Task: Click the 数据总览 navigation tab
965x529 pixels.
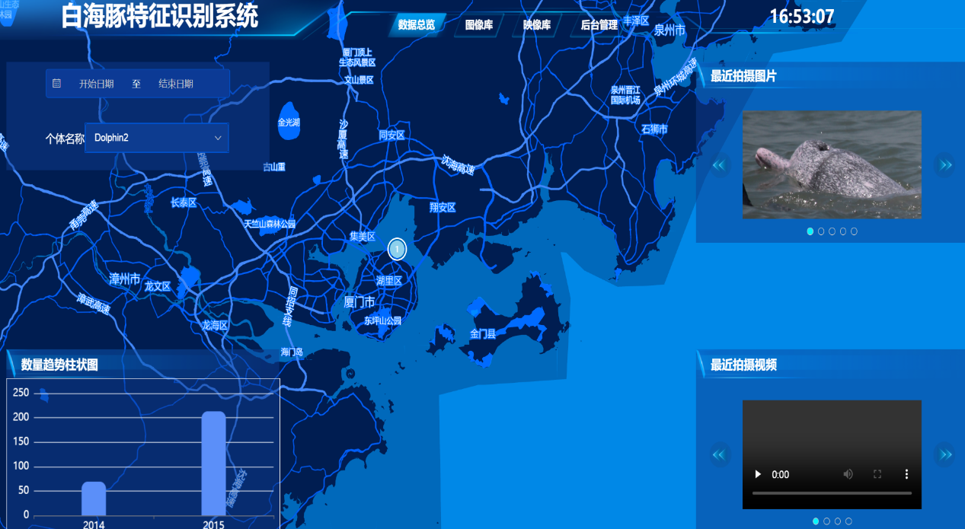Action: (417, 25)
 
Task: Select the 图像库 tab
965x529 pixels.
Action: (478, 25)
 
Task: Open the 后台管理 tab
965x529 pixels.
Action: (599, 25)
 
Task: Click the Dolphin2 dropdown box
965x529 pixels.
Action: (157, 138)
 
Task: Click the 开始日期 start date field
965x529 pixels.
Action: (96, 84)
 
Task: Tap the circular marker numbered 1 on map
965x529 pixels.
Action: (397, 249)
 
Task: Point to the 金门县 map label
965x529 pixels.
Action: (483, 333)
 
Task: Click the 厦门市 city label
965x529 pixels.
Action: (359, 302)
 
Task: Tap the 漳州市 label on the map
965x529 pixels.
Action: (125, 279)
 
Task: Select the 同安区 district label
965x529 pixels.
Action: (391, 135)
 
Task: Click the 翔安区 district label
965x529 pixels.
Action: (442, 207)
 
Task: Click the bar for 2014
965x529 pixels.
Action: (94, 498)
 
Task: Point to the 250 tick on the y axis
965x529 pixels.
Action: (21, 393)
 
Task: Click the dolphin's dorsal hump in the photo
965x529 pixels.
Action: (823, 156)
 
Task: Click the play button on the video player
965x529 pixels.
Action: (758, 474)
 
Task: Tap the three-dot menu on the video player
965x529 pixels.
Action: (906, 474)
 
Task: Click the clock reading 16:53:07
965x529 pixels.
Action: (802, 16)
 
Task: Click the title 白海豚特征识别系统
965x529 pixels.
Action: (159, 17)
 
